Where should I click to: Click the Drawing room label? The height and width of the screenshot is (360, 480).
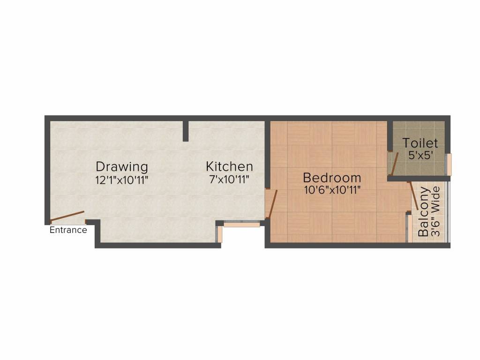click(122, 166)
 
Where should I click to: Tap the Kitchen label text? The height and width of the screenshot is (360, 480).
click(230, 166)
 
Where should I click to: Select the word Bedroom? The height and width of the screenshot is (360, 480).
click(332, 178)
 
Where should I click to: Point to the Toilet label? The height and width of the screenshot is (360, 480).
click(420, 143)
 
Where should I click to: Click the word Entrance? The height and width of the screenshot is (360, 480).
click(68, 230)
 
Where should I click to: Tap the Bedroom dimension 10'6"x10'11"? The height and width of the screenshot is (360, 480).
click(332, 190)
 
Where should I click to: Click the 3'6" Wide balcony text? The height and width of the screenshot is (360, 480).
click(435, 212)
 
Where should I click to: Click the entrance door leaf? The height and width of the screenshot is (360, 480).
click(67, 216)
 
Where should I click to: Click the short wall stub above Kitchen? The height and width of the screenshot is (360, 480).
click(186, 131)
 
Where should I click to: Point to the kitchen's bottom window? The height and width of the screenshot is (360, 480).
click(241, 225)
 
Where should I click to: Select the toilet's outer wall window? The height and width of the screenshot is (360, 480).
click(449, 165)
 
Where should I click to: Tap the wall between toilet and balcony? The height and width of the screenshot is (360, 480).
click(419, 178)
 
